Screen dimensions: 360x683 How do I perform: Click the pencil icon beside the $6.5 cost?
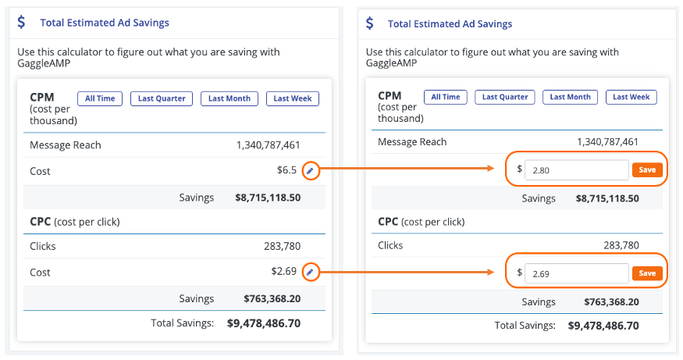click(x=310, y=170)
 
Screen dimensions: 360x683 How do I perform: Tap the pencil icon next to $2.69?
click(x=310, y=272)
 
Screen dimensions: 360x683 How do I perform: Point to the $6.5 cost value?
click(x=286, y=171)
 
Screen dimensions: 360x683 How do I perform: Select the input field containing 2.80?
click(x=576, y=169)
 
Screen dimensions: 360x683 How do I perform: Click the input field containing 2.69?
click(x=576, y=273)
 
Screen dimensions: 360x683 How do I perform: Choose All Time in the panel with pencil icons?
click(x=100, y=98)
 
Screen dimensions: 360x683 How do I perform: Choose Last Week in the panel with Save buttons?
click(x=631, y=97)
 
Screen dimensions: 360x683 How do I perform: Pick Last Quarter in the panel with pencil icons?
click(x=162, y=98)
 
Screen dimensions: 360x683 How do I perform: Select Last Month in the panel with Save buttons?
click(x=570, y=97)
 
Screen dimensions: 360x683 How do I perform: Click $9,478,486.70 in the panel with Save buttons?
click(x=603, y=326)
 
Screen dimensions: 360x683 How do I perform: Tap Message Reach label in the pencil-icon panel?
click(x=66, y=144)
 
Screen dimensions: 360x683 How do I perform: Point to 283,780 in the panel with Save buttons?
click(x=621, y=245)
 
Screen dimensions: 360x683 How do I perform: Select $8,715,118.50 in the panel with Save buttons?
click(x=607, y=198)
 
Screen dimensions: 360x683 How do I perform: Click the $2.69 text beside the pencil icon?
click(x=283, y=273)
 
